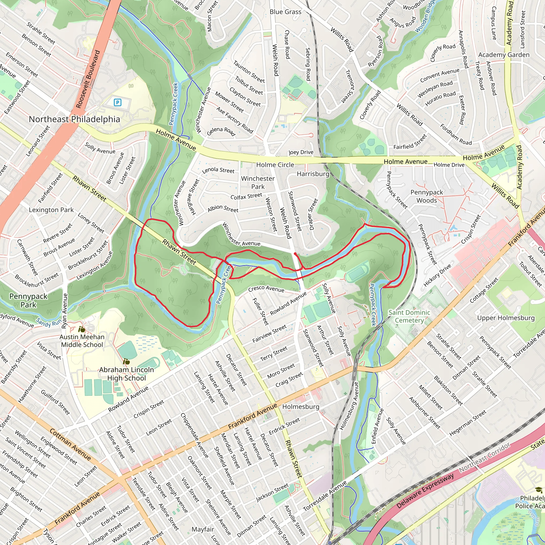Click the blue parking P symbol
(x=117, y=102)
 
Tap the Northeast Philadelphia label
(x=75, y=119)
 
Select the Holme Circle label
(x=275, y=165)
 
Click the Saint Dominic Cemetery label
(x=409, y=316)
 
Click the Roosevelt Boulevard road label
(x=88, y=79)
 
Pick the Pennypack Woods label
(x=427, y=196)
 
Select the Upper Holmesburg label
(x=506, y=318)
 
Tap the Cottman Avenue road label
(x=70, y=444)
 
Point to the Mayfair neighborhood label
(x=203, y=529)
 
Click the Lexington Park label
(x=51, y=210)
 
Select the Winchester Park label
(x=258, y=183)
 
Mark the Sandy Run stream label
(x=48, y=322)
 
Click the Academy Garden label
(x=504, y=55)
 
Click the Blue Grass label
(x=285, y=12)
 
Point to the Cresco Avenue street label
(x=266, y=289)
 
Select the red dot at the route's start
(x=295, y=254)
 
